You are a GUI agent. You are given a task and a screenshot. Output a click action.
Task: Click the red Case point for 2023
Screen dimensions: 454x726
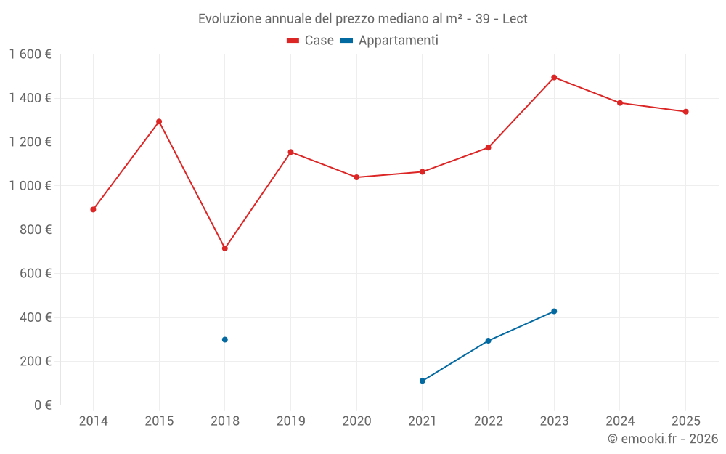[554, 78]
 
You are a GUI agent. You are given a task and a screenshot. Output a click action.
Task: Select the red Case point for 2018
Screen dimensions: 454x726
[225, 248]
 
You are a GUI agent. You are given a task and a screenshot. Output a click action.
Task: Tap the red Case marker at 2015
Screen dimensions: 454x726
[159, 121]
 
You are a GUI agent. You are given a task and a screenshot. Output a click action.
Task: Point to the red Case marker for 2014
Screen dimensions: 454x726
[93, 209]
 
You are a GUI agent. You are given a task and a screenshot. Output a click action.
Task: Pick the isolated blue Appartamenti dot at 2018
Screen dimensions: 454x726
[225, 339]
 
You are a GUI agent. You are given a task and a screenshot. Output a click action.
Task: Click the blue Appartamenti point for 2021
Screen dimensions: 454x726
[423, 381]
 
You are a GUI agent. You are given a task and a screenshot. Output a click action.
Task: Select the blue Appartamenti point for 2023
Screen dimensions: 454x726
[554, 311]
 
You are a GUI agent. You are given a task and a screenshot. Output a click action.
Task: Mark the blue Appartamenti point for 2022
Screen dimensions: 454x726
[488, 341]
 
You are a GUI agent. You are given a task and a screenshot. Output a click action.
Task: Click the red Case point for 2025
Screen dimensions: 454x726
[685, 112]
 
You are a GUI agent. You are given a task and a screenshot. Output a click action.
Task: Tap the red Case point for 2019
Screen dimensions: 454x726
[290, 152]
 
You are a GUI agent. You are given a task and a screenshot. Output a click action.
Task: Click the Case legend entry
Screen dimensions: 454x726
[311, 41]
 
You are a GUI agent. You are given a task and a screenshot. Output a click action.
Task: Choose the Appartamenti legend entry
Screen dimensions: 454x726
[390, 41]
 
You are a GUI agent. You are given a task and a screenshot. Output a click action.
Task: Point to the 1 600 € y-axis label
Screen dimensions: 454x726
[30, 54]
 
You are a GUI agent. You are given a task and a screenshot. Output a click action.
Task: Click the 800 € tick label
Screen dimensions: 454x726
[36, 230]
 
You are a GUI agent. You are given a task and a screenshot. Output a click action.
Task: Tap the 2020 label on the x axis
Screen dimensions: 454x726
[356, 421]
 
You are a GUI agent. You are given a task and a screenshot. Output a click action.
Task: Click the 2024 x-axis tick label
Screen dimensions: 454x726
[620, 421]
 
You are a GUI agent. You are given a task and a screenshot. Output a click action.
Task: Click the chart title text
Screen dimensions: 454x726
[363, 18]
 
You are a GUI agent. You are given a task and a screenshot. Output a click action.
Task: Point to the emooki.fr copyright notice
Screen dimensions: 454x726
[663, 439]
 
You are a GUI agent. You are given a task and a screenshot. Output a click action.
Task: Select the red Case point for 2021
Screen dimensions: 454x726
[423, 172]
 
